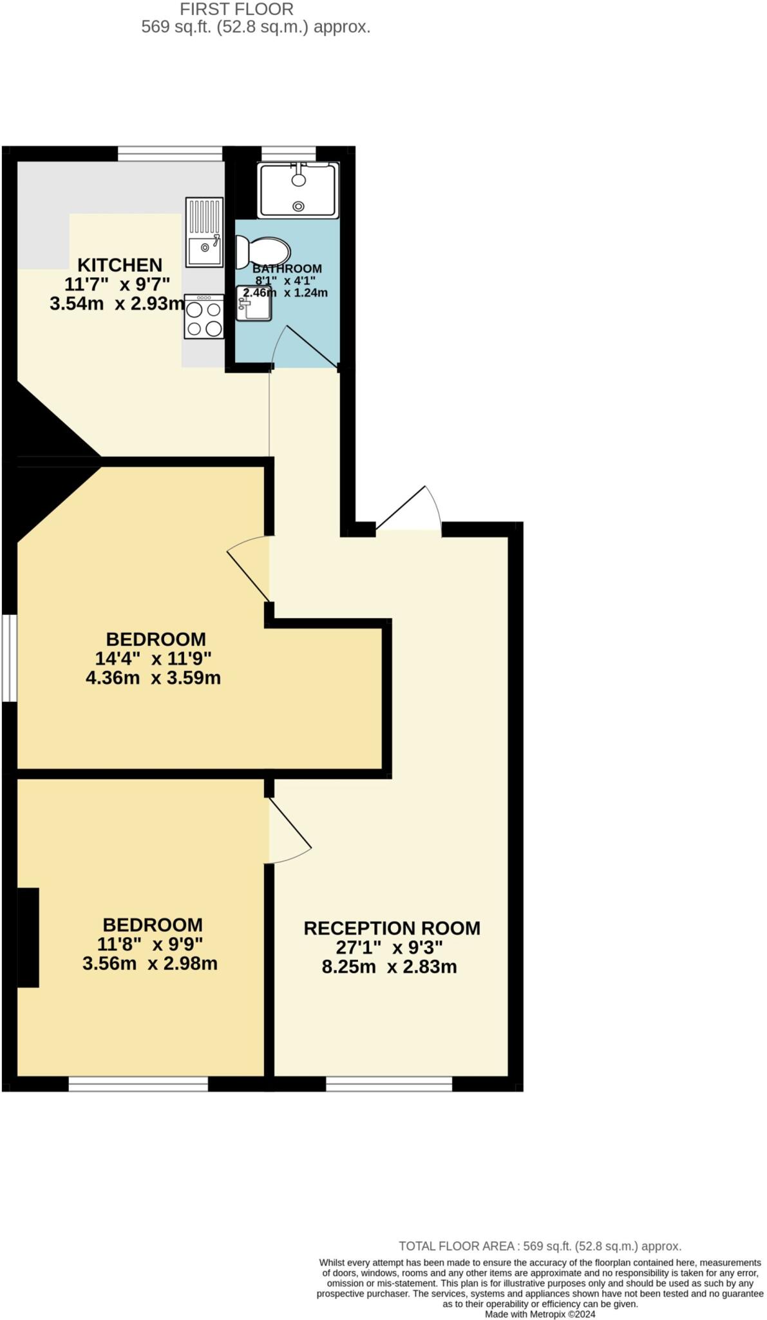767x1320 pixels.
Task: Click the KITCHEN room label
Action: coord(120,265)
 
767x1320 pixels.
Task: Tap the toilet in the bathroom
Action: coord(263,251)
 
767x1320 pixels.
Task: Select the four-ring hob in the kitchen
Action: coord(204,316)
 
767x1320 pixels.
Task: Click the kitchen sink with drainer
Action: coord(204,232)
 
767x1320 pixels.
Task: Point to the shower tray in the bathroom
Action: coord(298,190)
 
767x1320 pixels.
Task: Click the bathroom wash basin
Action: coord(254,304)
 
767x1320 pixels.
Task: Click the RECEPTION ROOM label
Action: coord(392,928)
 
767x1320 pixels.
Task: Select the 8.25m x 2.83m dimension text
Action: coord(389,967)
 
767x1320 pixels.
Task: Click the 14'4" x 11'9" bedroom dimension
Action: coord(153,658)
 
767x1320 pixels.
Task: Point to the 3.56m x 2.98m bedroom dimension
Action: coord(150,964)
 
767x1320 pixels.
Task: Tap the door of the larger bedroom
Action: coord(248,570)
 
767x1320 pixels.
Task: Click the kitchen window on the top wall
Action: coord(170,153)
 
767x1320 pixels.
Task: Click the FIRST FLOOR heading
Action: coord(236,9)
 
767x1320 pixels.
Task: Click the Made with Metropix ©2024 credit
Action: coord(540,1314)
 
